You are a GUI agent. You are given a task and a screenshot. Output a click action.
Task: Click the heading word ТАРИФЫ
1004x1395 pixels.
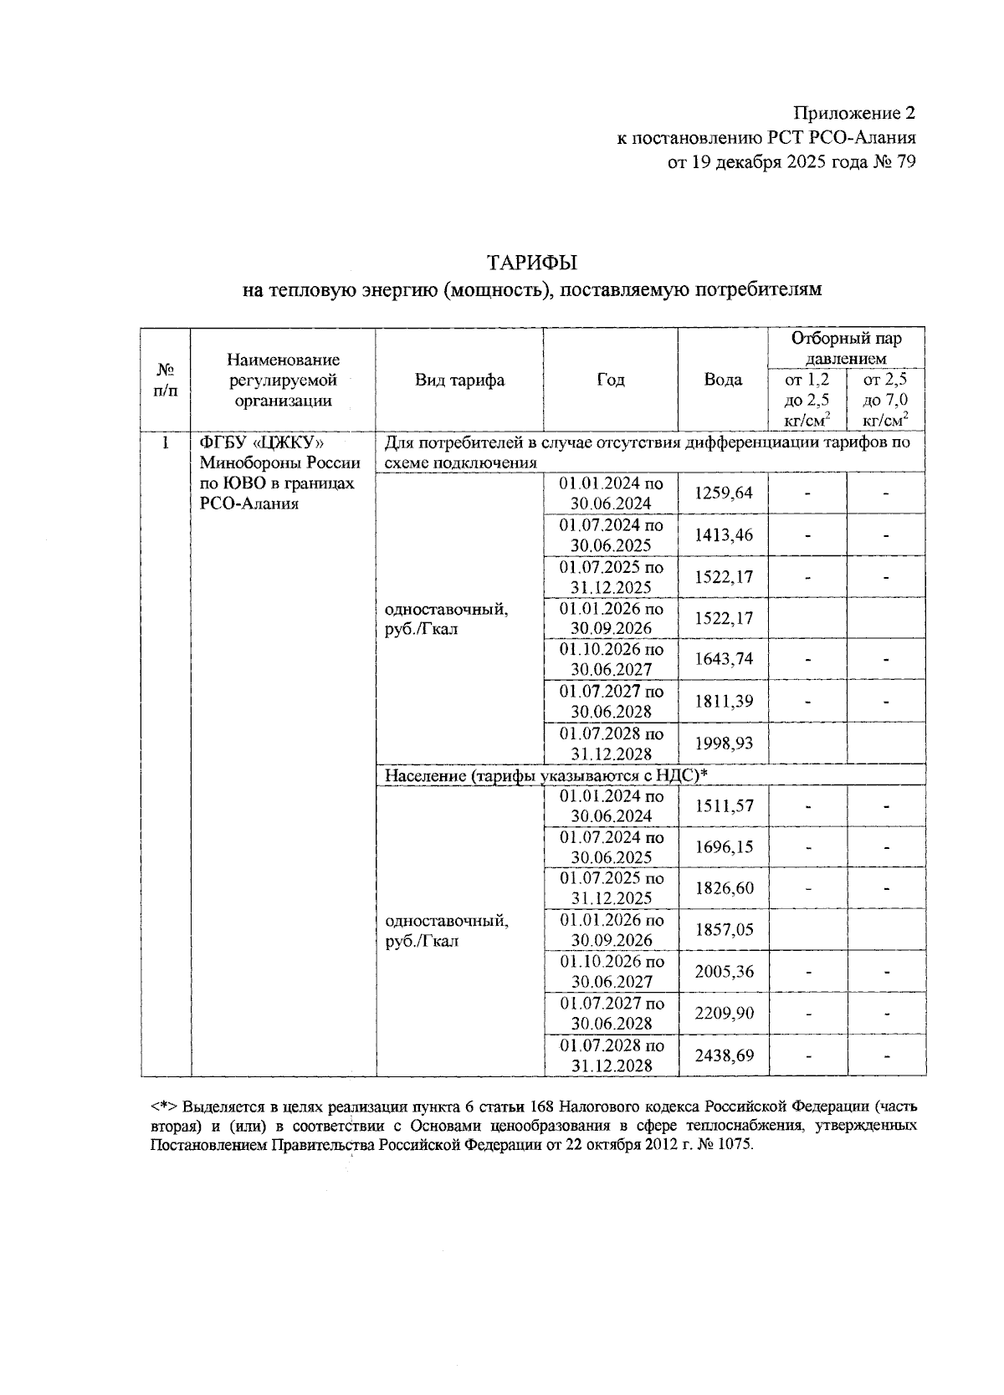(532, 263)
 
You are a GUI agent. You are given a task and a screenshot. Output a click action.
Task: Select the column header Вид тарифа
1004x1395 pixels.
(459, 381)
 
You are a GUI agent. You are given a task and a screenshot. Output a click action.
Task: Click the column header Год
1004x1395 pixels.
(610, 381)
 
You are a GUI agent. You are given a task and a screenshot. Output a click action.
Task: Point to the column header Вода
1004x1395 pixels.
(723, 381)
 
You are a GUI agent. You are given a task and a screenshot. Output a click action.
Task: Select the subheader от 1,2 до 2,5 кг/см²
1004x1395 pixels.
(807, 400)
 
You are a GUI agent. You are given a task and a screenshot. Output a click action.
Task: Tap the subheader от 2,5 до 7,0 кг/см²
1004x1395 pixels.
(885, 400)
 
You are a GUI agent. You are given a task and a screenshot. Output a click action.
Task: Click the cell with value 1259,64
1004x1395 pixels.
(723, 493)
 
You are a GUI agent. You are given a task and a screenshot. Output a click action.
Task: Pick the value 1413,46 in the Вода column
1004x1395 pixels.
(723, 535)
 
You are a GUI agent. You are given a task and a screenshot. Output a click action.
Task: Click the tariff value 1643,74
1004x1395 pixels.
(723, 659)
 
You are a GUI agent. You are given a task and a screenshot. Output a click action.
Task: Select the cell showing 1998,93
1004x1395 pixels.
(723, 743)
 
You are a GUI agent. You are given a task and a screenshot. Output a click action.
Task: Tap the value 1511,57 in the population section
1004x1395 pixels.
(723, 806)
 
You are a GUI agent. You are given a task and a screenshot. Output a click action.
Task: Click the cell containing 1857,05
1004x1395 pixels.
(723, 930)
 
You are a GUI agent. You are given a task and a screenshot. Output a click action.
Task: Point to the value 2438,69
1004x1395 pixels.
(723, 1055)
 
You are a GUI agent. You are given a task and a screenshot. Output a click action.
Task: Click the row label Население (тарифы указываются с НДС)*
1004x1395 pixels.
(546, 775)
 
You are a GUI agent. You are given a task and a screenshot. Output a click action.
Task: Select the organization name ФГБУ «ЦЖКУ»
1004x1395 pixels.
(261, 442)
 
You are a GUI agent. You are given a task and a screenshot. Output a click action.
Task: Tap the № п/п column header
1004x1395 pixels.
(166, 381)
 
